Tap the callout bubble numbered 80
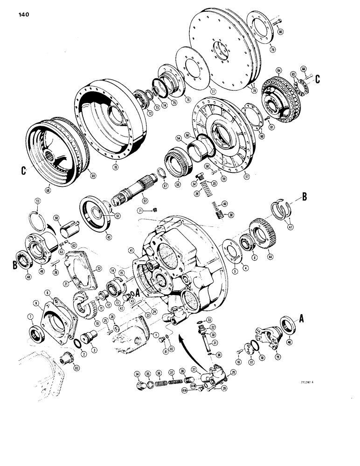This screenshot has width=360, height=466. (280, 32)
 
